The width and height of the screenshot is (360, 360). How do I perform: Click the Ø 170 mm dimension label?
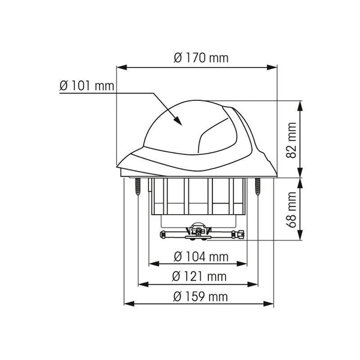coord(201,58)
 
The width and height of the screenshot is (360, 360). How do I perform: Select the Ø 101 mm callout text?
coord(87,86)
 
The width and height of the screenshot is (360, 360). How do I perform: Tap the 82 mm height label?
coord(292,140)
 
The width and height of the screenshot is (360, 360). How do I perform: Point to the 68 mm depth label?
coord(292,209)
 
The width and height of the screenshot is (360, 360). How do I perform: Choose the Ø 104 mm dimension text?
coord(201,257)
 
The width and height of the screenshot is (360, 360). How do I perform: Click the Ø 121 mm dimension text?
coord(199,277)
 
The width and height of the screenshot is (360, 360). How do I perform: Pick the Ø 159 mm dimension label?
coord(200,296)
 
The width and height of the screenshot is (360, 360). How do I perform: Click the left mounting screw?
coord(138,187)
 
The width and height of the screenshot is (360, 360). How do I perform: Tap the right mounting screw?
coord(257,187)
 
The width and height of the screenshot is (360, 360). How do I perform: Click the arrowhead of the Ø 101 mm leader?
coord(178,121)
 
